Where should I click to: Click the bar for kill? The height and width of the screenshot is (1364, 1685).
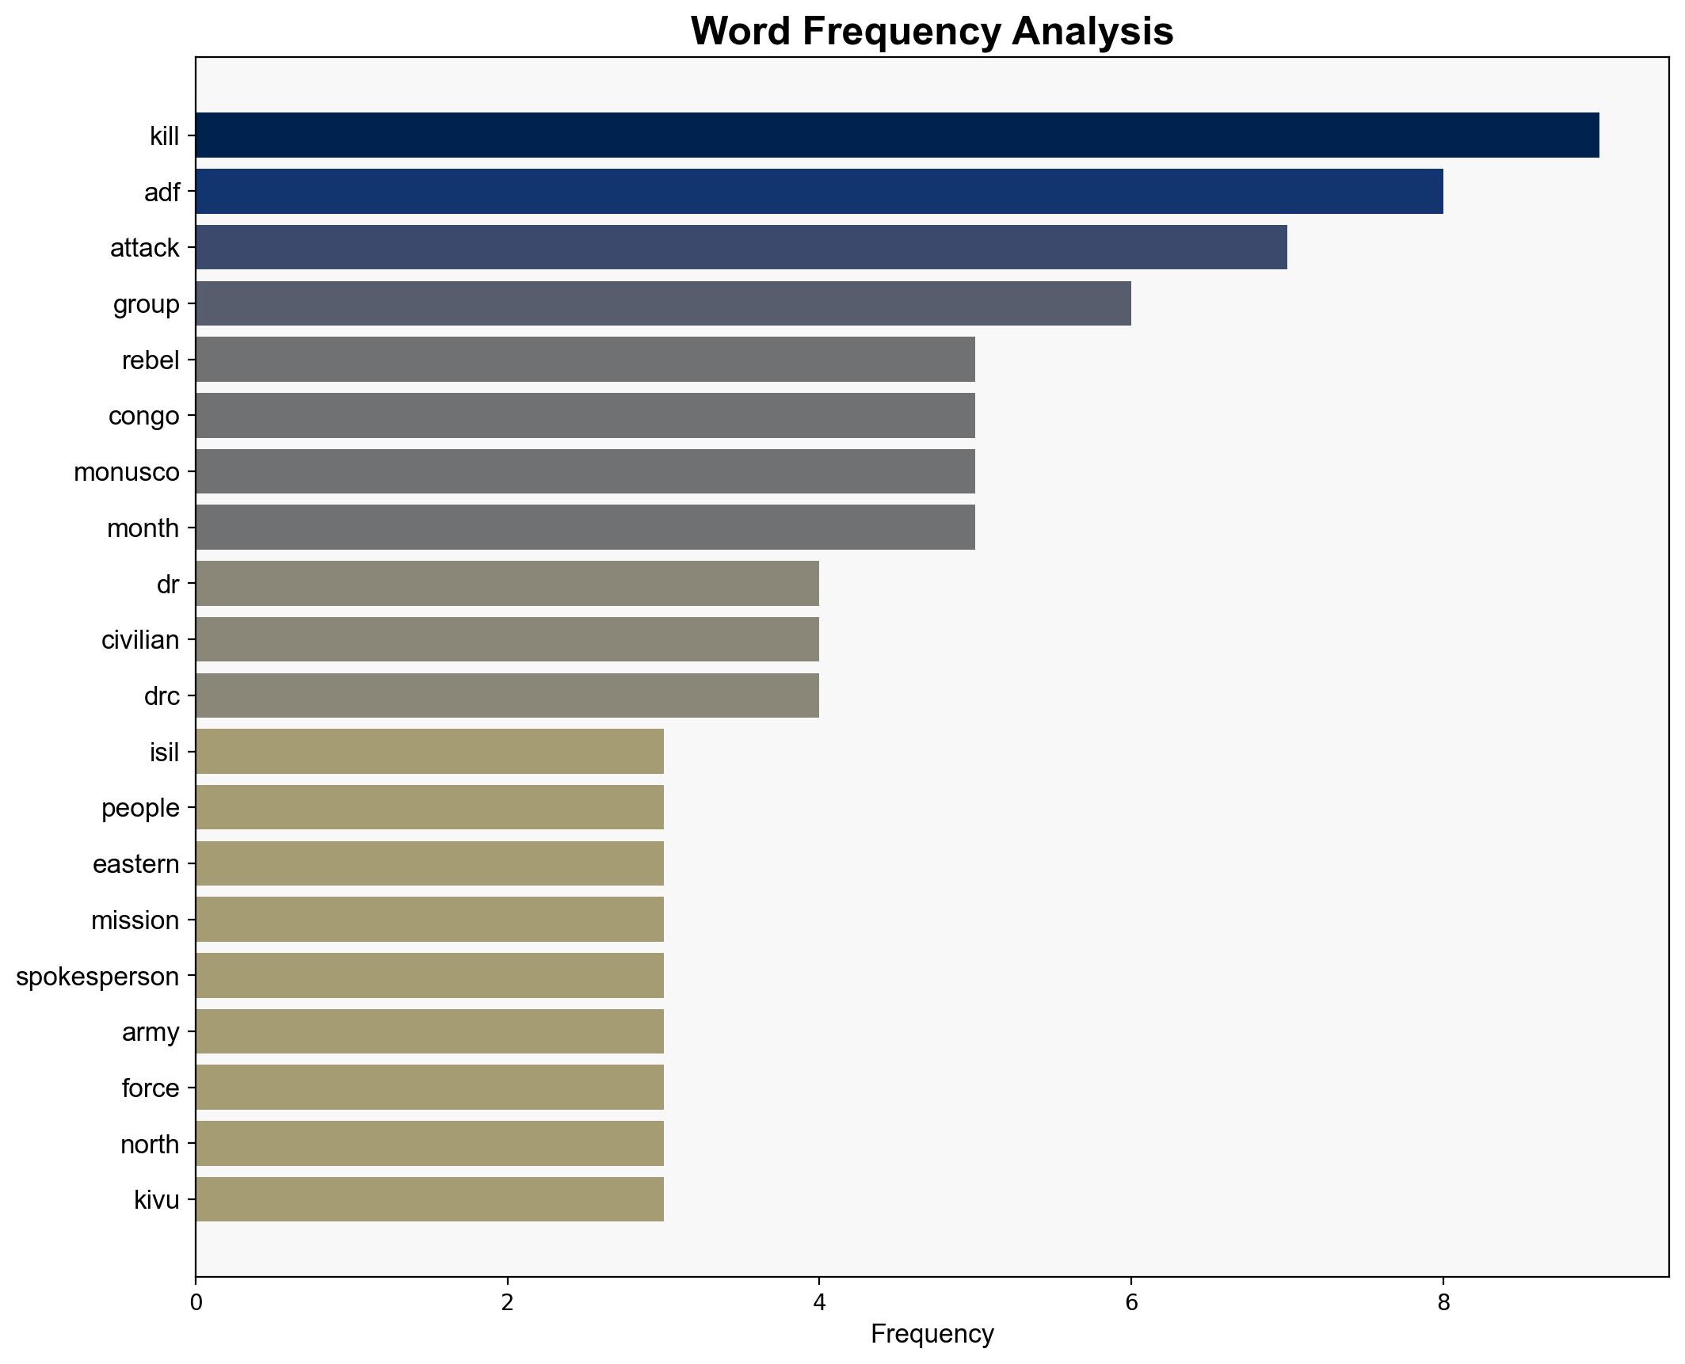[x=897, y=135]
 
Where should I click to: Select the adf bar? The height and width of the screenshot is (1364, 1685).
[x=819, y=192]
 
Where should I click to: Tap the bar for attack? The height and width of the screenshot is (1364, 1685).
[x=741, y=247]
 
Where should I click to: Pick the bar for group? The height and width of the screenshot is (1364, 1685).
[x=663, y=303]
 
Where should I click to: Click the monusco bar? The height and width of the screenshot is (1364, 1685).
[x=585, y=472]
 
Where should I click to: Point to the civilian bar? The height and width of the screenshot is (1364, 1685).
[x=507, y=640]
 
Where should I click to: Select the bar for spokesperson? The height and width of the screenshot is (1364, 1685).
[x=429, y=976]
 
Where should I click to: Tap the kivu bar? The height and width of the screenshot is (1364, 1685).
[x=429, y=1200]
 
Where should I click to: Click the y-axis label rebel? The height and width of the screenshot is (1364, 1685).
[x=151, y=360]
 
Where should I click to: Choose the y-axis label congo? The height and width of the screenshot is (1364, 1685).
[x=143, y=416]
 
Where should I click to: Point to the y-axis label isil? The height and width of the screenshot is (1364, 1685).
[x=164, y=752]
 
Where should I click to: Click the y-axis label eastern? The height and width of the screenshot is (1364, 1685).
[x=135, y=864]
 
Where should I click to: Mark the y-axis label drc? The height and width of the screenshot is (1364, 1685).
[x=162, y=696]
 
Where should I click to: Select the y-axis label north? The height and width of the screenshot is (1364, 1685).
[x=149, y=1145]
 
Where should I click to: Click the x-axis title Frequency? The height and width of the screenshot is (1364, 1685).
[x=932, y=1335]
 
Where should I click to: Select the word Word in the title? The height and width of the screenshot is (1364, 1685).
[x=743, y=32]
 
